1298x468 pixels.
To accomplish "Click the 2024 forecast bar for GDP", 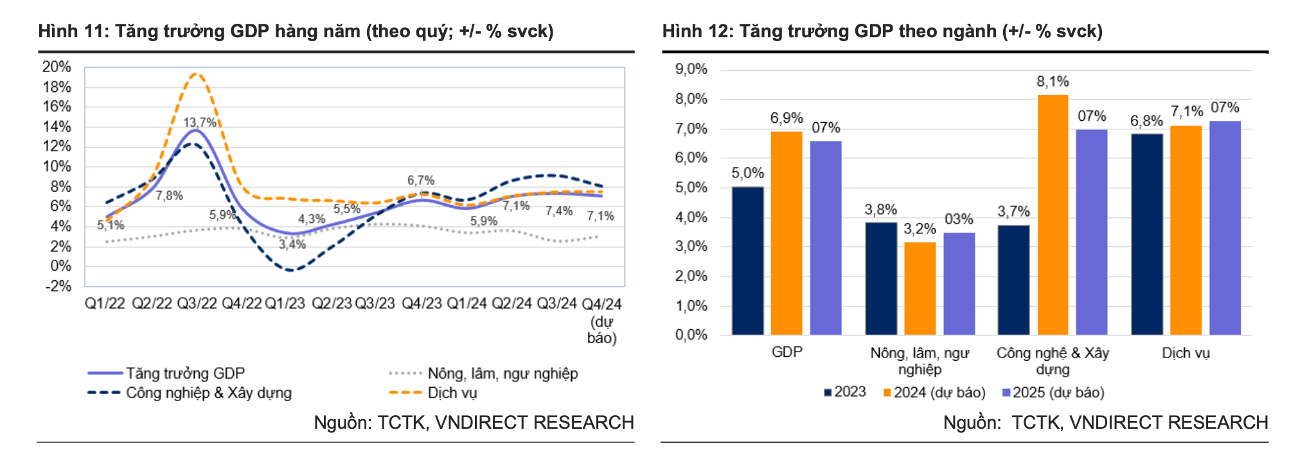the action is pos(787,233).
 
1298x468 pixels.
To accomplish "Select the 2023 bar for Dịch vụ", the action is pos(1147,235).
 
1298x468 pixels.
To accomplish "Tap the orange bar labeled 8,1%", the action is pos(1053,215).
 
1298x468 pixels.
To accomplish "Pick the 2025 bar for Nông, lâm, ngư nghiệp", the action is pos(959,283).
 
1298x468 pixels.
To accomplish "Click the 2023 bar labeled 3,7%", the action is pos(1013,280).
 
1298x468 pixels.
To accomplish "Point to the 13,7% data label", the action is pos(199,122).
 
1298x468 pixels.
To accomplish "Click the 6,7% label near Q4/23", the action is pos(421,181).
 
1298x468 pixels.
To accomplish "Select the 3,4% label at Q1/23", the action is pos(292,244).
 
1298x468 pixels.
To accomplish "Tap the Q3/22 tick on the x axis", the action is pos(197,303).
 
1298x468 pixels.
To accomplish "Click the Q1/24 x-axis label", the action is pos(467,303).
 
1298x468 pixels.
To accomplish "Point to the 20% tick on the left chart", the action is pos(57,67).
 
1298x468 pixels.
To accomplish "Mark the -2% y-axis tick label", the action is pos(58,286).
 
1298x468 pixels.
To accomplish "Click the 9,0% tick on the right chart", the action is pos(691,69).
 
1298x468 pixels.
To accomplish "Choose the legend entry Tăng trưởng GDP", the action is pos(166,373).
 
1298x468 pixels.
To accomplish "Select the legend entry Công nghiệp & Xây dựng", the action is pos(190,393).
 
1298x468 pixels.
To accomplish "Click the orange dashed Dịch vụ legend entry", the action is pos(433,393).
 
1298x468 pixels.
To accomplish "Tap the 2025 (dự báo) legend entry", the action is pos(1053,392).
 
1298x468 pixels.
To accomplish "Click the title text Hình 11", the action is pos(72,31).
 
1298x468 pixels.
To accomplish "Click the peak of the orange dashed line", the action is pos(196,73).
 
